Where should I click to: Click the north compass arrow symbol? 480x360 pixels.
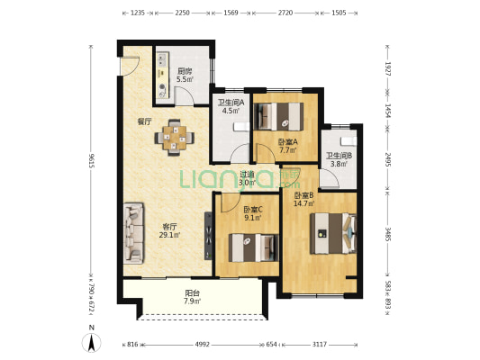pyautogui.click(x=91, y=343)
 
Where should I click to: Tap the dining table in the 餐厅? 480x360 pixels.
pyautogui.click(x=174, y=138)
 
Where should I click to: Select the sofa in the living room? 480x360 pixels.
pyautogui.click(x=133, y=233)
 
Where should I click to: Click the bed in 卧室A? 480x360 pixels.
pyautogui.click(x=278, y=116)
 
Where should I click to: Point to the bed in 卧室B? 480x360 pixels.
pyautogui.click(x=333, y=234)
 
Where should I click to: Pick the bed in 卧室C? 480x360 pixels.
pyautogui.click(x=253, y=247)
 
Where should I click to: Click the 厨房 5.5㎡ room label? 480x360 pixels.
pyautogui.click(x=185, y=76)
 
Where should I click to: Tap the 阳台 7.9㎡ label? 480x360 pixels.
pyautogui.click(x=192, y=297)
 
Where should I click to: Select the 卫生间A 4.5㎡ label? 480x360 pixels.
pyautogui.click(x=231, y=106)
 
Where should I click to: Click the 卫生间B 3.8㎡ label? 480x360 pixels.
pyautogui.click(x=339, y=159)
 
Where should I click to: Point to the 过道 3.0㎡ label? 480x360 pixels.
pyautogui.click(x=247, y=178)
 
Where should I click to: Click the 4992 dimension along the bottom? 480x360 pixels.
pyautogui.click(x=203, y=345)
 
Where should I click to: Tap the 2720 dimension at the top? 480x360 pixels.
pyautogui.click(x=285, y=13)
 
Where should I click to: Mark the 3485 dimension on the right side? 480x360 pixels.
pyautogui.click(x=387, y=234)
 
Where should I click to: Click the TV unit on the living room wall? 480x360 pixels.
pyautogui.click(x=208, y=236)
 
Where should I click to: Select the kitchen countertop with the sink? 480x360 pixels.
pyautogui.click(x=163, y=76)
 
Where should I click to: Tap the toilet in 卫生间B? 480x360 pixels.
pyautogui.click(x=349, y=140)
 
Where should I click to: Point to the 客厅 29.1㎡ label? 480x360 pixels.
pyautogui.click(x=169, y=231)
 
